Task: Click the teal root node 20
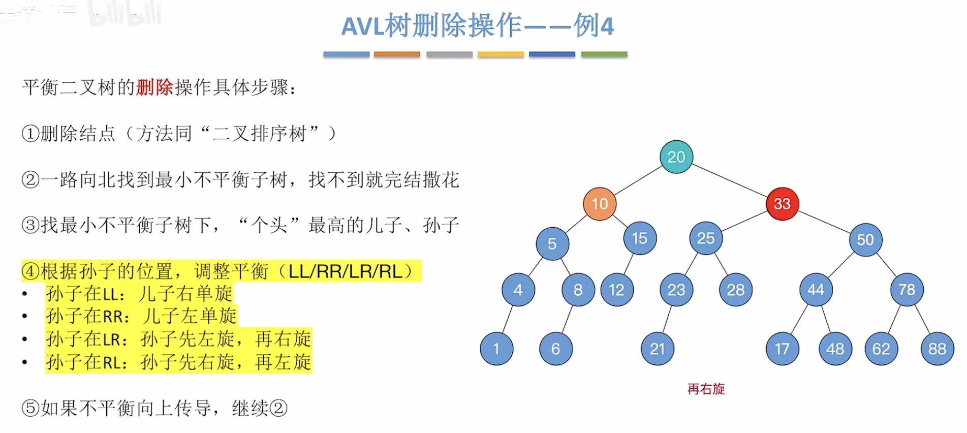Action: [676, 157]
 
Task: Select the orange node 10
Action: [600, 204]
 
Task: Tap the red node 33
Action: [782, 204]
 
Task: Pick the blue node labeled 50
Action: [865, 239]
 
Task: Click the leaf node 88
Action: [937, 349]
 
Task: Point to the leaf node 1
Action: [496, 349]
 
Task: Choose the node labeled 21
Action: [657, 349]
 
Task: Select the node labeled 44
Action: [816, 290]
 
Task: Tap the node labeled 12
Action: [616, 290]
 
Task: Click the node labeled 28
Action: [735, 290]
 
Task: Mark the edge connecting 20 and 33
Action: [729, 180]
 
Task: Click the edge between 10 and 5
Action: [576, 224]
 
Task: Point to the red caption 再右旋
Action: [706, 389]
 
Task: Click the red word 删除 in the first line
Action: [154, 87]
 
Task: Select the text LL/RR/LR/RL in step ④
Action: [345, 271]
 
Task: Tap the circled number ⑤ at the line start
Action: [30, 408]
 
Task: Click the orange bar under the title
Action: [396, 54]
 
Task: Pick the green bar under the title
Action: [604, 54]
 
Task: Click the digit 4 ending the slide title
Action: [607, 26]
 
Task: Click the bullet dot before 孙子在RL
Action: [24, 362]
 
